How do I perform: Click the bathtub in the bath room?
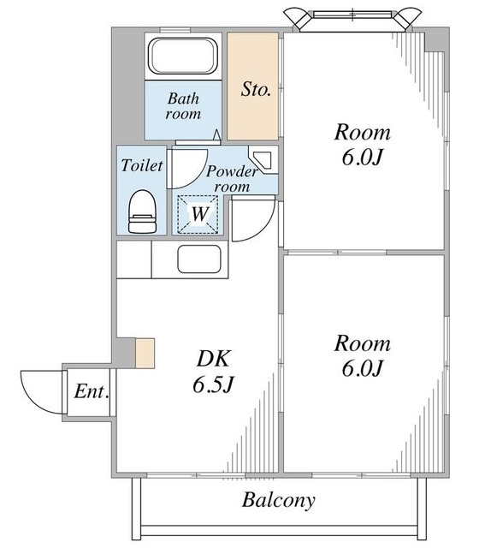(x=183, y=56)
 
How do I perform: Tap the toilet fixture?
(x=143, y=211)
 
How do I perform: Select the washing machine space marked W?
(x=198, y=213)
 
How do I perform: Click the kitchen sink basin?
(x=199, y=259)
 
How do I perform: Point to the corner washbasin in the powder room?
(x=263, y=159)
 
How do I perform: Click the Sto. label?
(x=256, y=89)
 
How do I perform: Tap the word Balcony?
(x=278, y=500)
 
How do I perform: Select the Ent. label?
(x=92, y=391)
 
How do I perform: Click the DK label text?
(x=213, y=358)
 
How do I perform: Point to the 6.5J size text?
(x=213, y=384)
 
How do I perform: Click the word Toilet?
(x=142, y=165)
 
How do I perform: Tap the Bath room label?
(x=183, y=106)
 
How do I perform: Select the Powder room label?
(x=232, y=179)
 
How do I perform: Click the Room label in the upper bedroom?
(x=362, y=133)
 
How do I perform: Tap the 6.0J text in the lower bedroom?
(x=362, y=368)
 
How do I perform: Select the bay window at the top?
(x=352, y=19)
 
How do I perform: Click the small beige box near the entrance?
(x=145, y=353)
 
